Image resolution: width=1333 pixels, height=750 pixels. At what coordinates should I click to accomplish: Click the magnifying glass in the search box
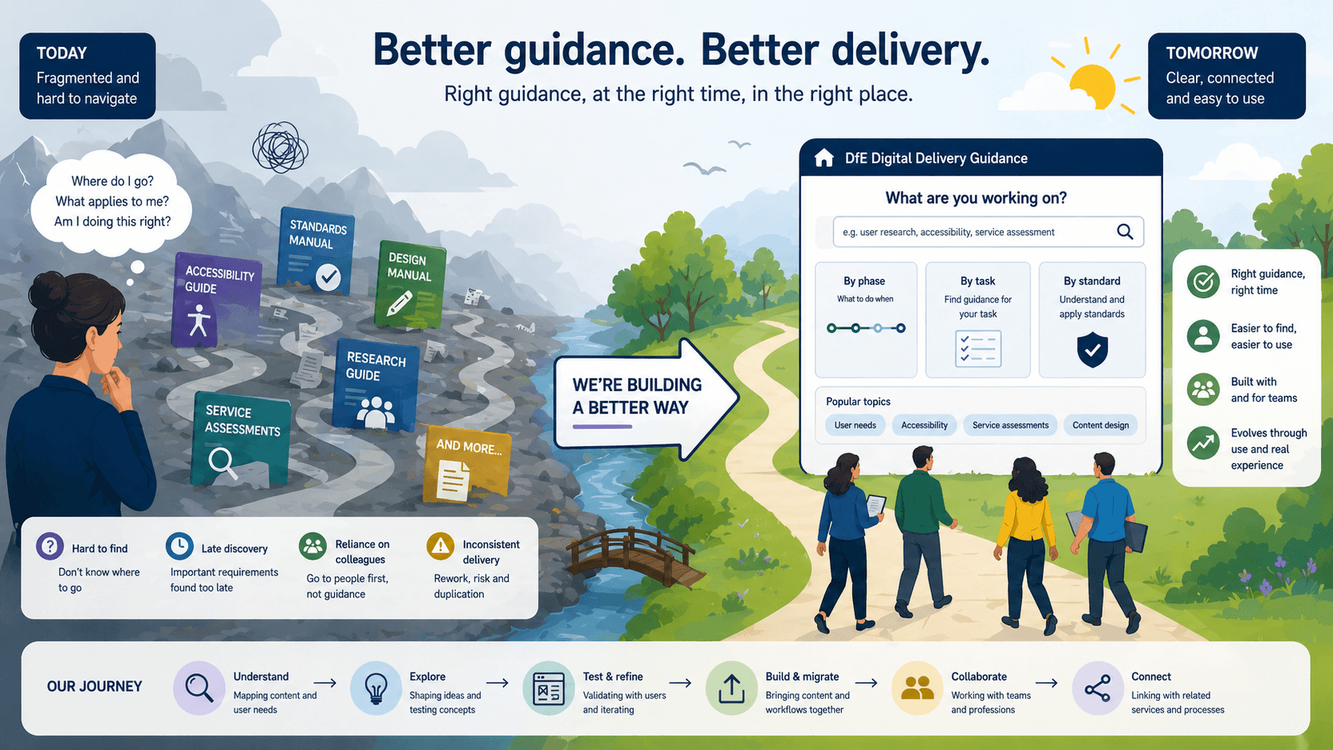[x=1125, y=232]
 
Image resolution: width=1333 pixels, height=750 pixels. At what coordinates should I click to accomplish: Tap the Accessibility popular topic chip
[x=924, y=426]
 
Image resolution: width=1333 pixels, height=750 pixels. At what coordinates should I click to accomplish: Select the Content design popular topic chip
[x=1100, y=426]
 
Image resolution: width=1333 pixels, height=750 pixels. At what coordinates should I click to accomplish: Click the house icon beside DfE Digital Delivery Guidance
[x=824, y=158]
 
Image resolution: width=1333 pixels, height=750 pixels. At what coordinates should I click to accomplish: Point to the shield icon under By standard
[x=1092, y=350]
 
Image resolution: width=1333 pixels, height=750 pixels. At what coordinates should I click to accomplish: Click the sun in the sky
[x=1092, y=84]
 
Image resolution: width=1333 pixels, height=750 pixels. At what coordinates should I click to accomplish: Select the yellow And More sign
[x=466, y=465]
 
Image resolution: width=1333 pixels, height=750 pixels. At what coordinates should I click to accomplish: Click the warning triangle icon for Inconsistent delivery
[x=440, y=546]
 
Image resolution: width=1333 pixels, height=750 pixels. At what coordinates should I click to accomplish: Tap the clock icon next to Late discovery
[x=179, y=546]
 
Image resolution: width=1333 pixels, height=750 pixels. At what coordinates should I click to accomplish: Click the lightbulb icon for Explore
[x=376, y=688]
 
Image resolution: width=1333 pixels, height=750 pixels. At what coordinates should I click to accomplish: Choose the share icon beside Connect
[x=1097, y=688]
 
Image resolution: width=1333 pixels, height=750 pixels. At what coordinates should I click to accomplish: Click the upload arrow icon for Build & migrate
[x=731, y=688]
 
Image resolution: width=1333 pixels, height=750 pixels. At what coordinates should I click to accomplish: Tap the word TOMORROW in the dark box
[x=1212, y=53]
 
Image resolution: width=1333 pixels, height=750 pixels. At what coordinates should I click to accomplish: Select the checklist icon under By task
[x=978, y=349]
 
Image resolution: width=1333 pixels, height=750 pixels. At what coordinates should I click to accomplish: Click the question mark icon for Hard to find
[x=49, y=546]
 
